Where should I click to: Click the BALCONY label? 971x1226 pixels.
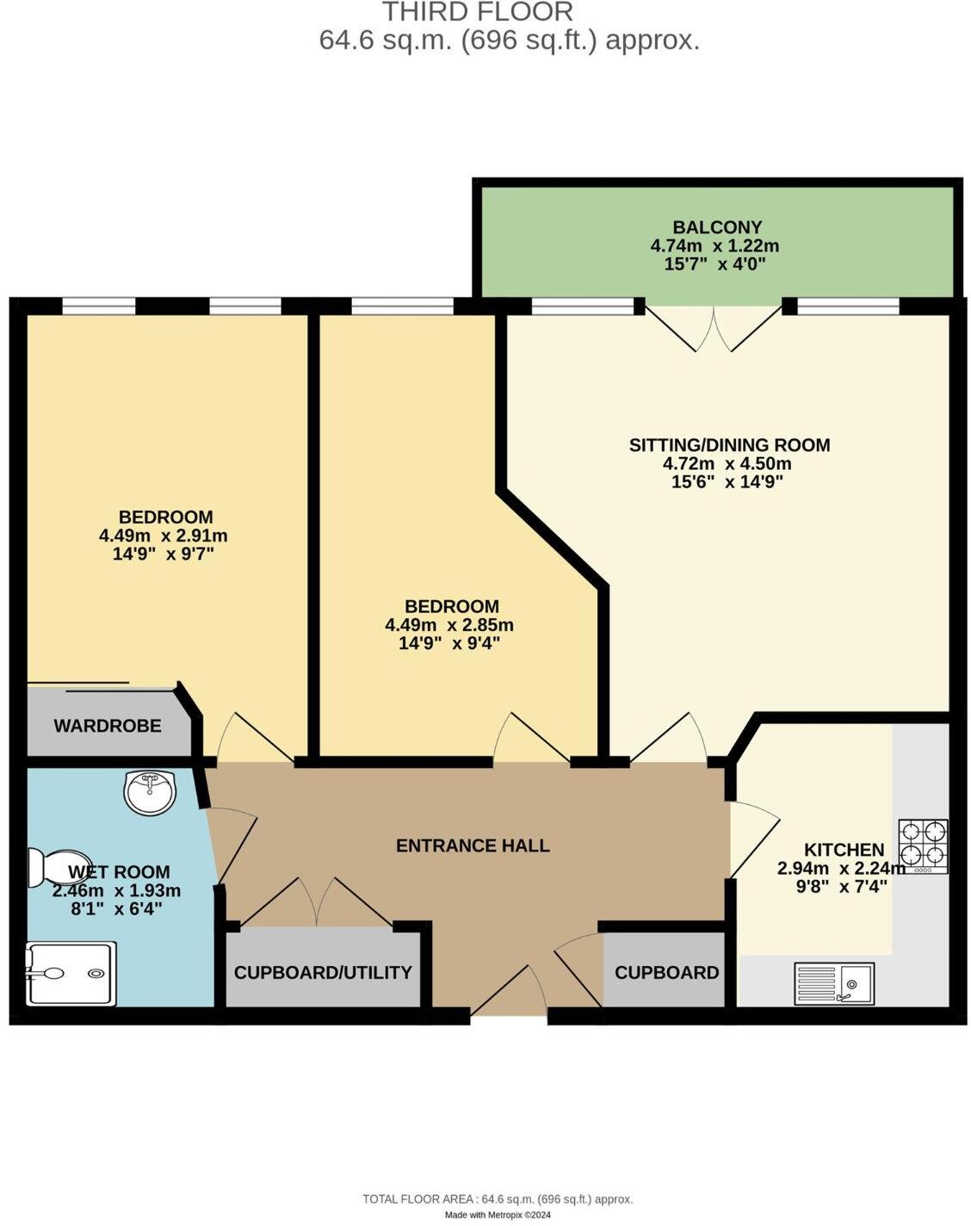[x=717, y=227]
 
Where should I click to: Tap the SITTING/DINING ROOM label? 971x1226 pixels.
[x=729, y=445]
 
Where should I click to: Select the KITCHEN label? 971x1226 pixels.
[x=844, y=850]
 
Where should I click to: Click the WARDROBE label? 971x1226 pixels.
[x=108, y=726]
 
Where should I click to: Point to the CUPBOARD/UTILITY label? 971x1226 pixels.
[x=323, y=973]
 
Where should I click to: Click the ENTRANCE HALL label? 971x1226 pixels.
[x=473, y=845]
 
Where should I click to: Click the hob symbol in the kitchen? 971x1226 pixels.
[x=924, y=846]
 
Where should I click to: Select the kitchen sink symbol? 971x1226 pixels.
[x=834, y=983]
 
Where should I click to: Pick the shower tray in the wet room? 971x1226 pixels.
[x=71, y=974]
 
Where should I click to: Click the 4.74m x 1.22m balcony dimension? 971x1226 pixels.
[x=714, y=246]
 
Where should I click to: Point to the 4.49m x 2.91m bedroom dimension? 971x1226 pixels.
[x=164, y=536]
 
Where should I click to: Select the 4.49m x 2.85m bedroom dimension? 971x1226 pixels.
[x=449, y=625]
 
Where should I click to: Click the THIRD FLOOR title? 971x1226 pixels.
[x=477, y=12]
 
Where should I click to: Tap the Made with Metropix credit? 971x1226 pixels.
[x=498, y=1215]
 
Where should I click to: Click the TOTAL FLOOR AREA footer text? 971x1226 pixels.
[x=498, y=1198]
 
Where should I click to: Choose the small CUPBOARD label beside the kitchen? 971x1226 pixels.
[x=666, y=973]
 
